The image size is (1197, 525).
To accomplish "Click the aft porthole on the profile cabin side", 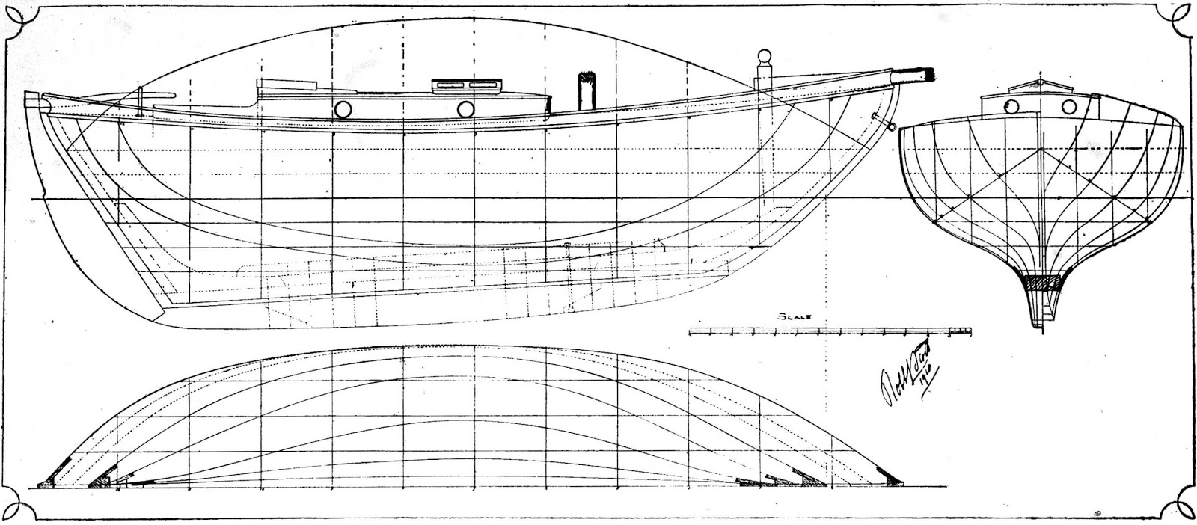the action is [343, 109].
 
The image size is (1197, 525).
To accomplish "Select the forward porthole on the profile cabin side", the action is [465, 109].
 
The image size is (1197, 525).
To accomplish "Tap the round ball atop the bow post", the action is [763, 58].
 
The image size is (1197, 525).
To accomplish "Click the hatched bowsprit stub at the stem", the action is [925, 74].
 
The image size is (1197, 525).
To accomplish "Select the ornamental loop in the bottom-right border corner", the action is [1180, 509].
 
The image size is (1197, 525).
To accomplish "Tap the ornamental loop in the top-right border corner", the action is [1180, 16].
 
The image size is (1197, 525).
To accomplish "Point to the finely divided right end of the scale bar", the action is [960, 330].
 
